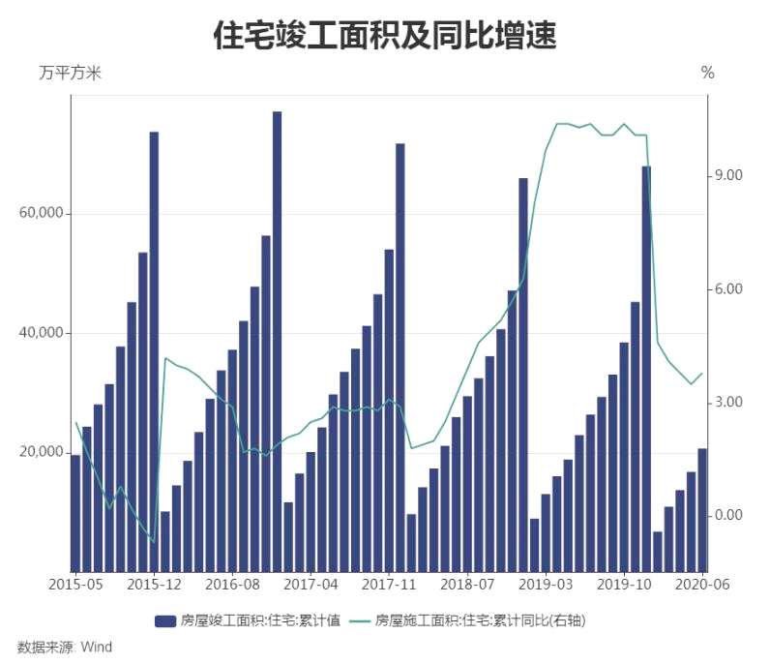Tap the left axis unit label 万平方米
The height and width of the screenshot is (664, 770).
click(69, 73)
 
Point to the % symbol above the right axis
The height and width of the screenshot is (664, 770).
click(707, 73)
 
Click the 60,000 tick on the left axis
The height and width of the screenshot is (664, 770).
click(41, 214)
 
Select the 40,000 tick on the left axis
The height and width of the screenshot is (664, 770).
click(41, 333)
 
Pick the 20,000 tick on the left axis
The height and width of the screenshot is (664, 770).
click(41, 453)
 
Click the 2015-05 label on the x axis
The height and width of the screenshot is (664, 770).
click(74, 585)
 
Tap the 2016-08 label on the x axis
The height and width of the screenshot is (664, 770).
click(232, 585)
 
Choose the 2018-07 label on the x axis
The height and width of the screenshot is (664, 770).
click(467, 585)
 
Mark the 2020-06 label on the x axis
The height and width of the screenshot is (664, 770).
click(701, 585)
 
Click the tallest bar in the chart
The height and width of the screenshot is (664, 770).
click(277, 339)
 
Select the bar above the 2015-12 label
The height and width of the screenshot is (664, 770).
click(154, 348)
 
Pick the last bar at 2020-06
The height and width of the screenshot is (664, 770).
click(702, 509)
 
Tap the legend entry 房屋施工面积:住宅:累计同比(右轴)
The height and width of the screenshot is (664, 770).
click(481, 620)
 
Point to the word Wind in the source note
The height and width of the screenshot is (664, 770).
click(96, 647)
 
